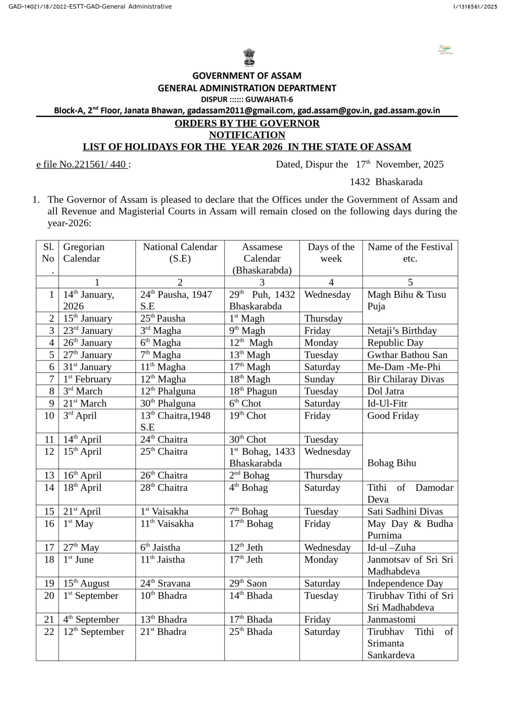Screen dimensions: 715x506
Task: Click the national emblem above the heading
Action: click(x=249, y=58)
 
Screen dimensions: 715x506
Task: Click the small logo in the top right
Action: click(x=445, y=50)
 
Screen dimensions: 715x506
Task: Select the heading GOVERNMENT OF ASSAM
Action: click(x=247, y=76)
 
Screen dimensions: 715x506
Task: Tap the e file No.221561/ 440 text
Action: click(x=82, y=164)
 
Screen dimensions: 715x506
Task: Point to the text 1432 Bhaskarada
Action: click(x=386, y=182)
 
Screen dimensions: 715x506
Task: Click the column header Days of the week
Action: click(x=331, y=252)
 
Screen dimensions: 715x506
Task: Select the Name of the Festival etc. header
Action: click(x=410, y=252)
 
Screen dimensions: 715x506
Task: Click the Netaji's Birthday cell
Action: click(x=402, y=330)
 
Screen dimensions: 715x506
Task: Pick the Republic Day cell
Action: click(x=395, y=342)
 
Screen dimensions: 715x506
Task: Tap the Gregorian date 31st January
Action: click(x=87, y=367)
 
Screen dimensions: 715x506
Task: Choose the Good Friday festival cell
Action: click(x=393, y=415)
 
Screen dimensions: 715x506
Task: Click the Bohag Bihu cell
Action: click(x=391, y=463)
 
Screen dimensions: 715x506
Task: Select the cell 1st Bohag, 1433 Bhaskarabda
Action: click(x=262, y=457)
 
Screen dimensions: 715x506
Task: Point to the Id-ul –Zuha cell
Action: click(x=391, y=547)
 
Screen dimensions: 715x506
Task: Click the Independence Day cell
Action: click(x=405, y=583)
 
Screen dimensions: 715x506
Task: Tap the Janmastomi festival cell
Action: click(x=391, y=619)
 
